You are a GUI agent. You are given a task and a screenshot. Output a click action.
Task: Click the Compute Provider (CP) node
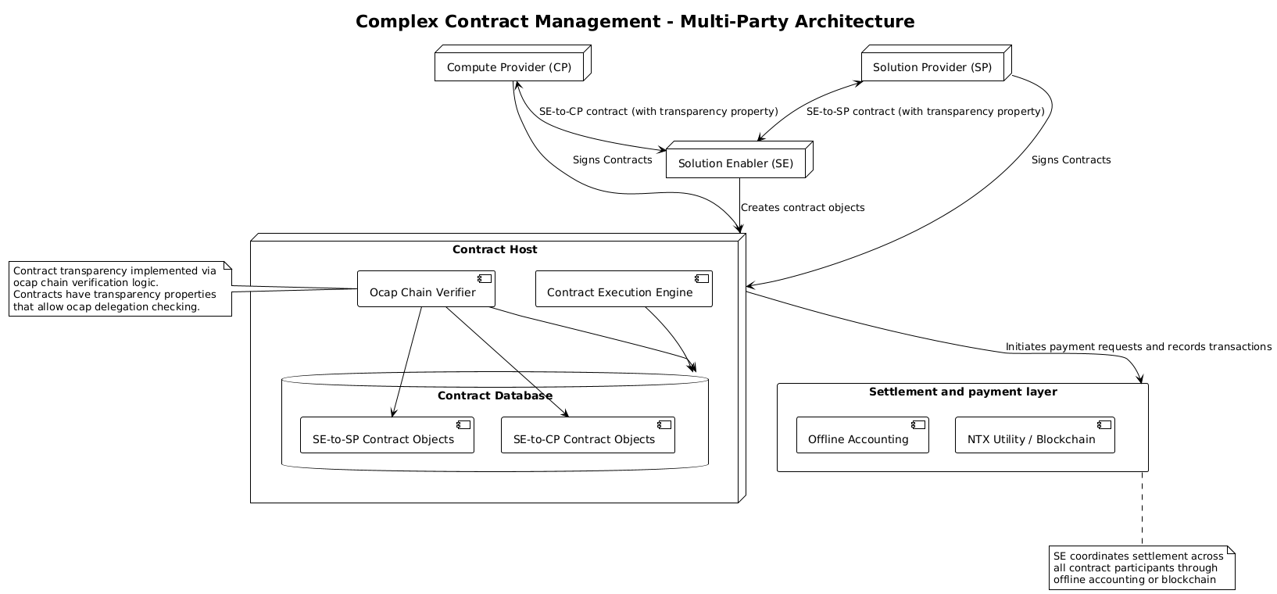[510, 67]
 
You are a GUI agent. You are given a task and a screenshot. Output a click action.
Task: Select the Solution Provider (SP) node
[932, 67]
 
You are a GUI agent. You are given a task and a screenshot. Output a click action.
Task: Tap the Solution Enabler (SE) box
[735, 163]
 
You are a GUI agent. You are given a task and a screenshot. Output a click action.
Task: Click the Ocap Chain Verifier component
[426, 292]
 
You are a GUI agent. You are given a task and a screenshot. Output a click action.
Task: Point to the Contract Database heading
[495, 395]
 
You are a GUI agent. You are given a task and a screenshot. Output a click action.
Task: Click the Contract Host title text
[495, 249]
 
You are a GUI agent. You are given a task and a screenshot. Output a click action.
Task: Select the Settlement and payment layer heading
[962, 392]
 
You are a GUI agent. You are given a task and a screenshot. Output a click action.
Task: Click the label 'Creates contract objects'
[803, 208]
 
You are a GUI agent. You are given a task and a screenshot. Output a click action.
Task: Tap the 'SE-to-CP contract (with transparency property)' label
[658, 111]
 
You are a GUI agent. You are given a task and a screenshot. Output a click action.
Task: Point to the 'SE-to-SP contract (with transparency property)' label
[925, 111]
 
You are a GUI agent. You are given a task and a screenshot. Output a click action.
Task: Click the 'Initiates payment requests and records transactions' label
[1138, 346]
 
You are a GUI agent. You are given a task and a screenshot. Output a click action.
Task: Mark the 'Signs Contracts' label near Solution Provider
[1071, 160]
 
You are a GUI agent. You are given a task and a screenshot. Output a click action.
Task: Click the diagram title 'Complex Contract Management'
[635, 22]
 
